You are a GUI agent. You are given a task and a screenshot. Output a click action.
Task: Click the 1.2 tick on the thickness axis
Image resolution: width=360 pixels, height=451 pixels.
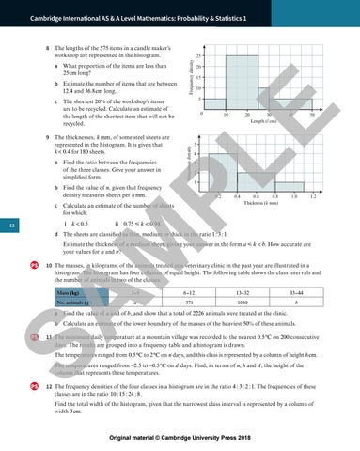coord(339,197)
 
